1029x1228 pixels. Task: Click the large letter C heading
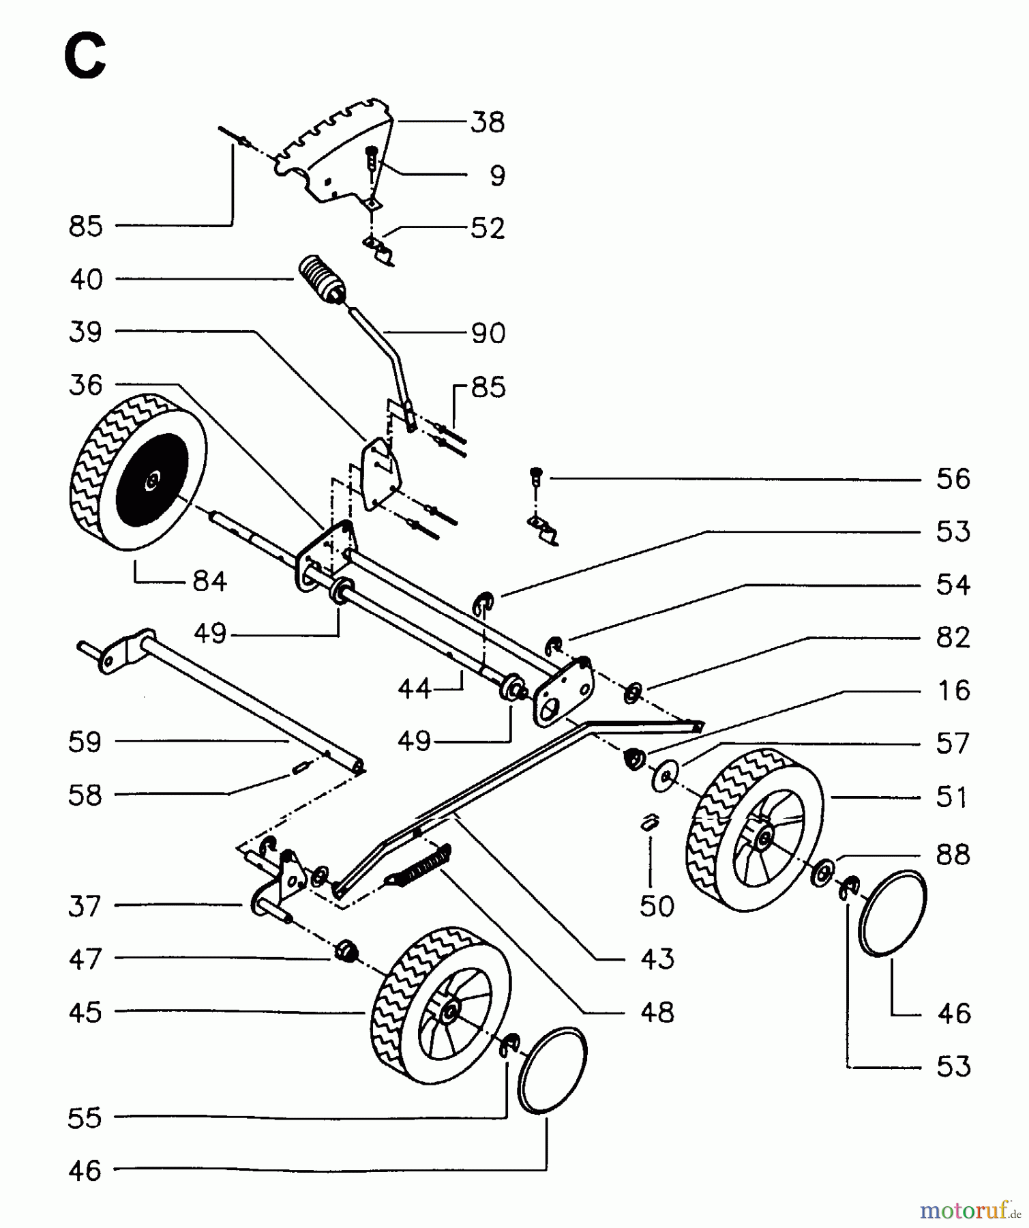85,57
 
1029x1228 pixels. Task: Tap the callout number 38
487,123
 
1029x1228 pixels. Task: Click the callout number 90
488,334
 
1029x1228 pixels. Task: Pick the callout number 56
953,480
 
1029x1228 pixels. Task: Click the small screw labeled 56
536,476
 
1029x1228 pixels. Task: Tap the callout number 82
953,638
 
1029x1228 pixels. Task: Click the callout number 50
657,906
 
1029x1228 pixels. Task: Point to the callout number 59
85,742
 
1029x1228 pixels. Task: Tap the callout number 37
85,907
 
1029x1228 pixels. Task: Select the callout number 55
85,1118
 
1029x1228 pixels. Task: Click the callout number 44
415,689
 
